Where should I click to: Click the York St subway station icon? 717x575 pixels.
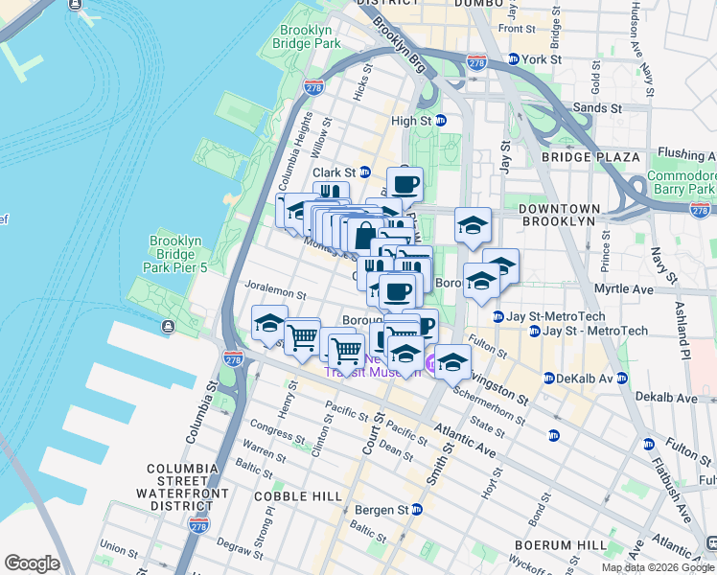click(x=513, y=58)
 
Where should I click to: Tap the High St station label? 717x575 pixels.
click(x=410, y=121)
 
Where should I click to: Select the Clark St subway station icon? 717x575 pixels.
click(x=364, y=172)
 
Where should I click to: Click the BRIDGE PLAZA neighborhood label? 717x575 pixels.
click(x=590, y=157)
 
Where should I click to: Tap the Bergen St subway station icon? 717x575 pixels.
click(x=416, y=510)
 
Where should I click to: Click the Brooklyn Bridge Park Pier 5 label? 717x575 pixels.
click(x=173, y=254)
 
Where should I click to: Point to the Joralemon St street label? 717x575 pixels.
click(x=275, y=296)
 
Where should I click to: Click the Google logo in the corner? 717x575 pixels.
click(x=32, y=563)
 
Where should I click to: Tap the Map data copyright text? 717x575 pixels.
click(x=658, y=567)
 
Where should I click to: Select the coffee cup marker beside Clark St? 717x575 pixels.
click(x=405, y=184)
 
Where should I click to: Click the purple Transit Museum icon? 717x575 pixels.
click(x=432, y=362)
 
